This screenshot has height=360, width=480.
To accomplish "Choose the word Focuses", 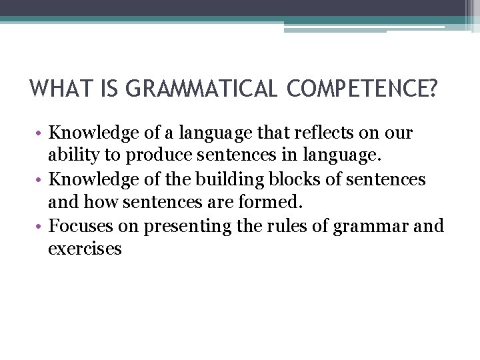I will coord(81,226).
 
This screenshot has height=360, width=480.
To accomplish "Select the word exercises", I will coord(85,249).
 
